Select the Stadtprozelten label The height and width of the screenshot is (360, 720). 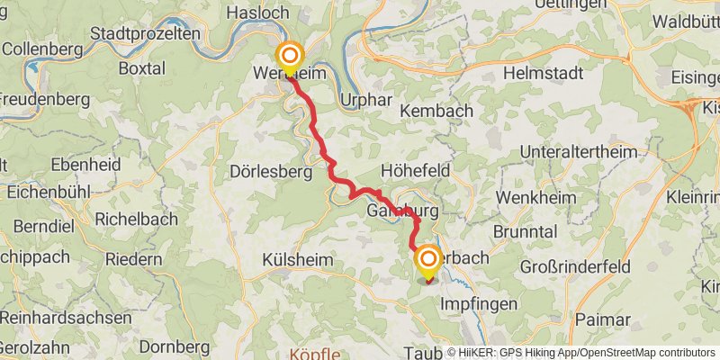[145, 34]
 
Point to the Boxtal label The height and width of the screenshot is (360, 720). [142, 67]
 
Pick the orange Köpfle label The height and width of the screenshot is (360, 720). [316, 353]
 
